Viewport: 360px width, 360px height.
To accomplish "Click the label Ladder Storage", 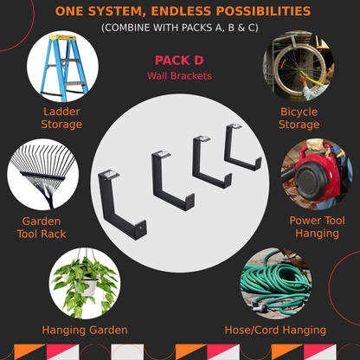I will tap(61, 118).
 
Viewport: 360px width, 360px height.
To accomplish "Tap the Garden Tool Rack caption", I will tap(42, 227).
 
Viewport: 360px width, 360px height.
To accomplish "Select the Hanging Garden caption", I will tap(85, 330).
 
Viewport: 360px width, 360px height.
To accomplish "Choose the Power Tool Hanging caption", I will tap(318, 227).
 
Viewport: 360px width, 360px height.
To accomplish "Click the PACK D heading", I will tap(179, 61).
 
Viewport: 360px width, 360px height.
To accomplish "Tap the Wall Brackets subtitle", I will tap(179, 76).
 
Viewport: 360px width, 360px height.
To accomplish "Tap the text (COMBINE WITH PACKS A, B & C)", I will tap(179, 28).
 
